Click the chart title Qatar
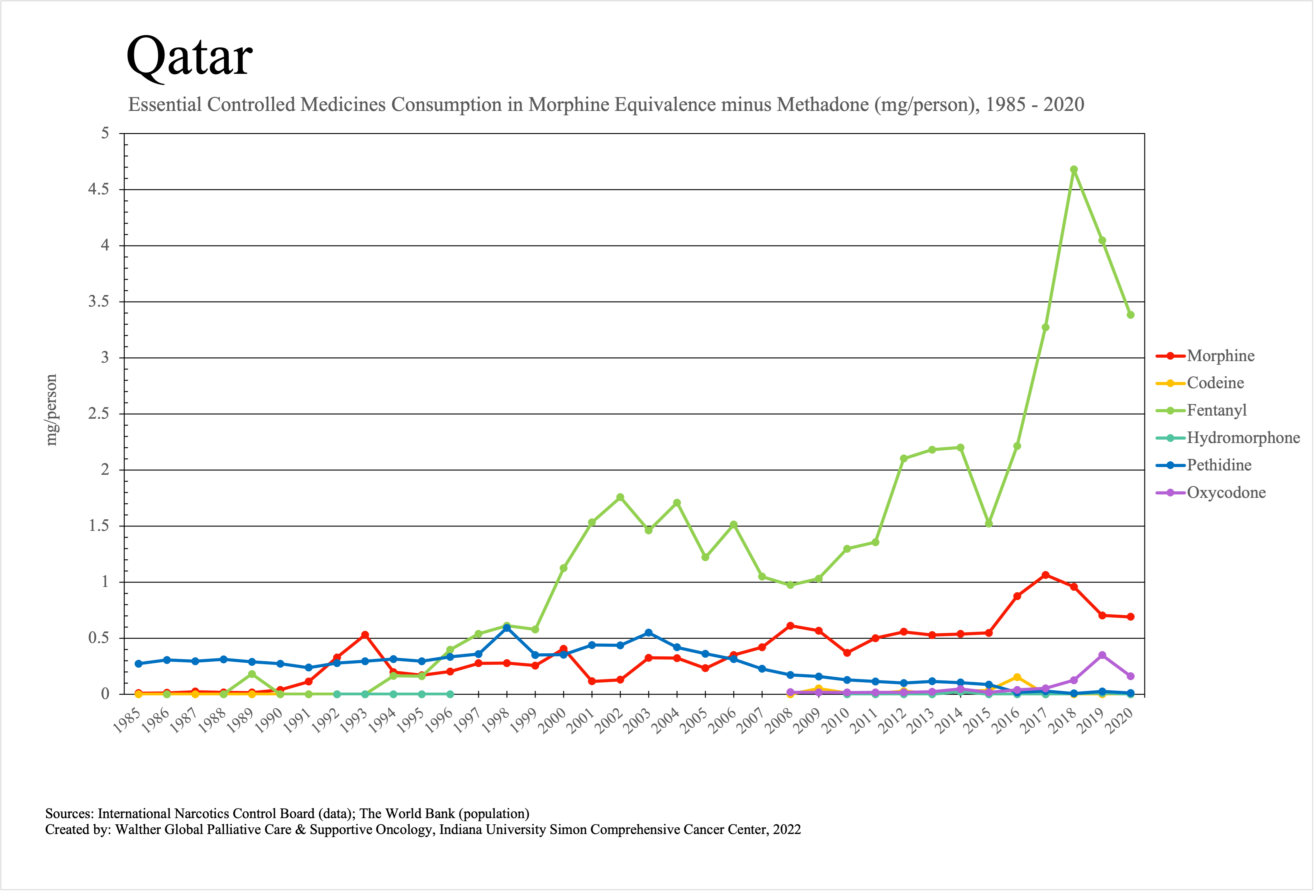pyautogui.click(x=189, y=57)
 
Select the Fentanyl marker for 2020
pyautogui.click(x=1130, y=315)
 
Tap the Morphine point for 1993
pyautogui.click(x=365, y=635)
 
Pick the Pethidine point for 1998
pyautogui.click(x=507, y=628)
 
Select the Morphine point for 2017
pyautogui.click(x=1045, y=575)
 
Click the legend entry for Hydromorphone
pyautogui.click(x=1243, y=438)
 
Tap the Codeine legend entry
pyautogui.click(x=1215, y=383)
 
